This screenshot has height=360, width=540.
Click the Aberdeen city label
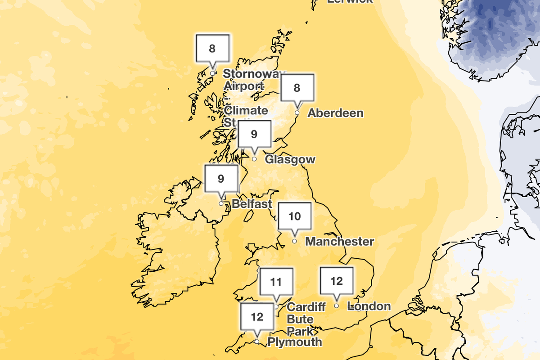click(x=335, y=113)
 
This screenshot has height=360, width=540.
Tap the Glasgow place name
click(x=290, y=159)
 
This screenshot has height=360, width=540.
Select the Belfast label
click(x=252, y=204)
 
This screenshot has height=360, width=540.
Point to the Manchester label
click(x=340, y=242)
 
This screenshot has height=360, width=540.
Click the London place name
click(x=370, y=306)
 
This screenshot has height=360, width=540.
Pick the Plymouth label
click(x=295, y=342)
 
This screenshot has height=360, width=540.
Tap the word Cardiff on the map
click(x=306, y=307)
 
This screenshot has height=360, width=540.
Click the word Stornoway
click(x=254, y=74)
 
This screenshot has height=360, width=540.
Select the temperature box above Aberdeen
click(x=297, y=88)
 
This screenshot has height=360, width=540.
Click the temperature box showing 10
click(x=295, y=216)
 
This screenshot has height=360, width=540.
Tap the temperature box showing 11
click(x=276, y=282)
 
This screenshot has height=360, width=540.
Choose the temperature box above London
click(x=337, y=281)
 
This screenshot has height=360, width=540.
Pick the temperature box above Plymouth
click(x=257, y=317)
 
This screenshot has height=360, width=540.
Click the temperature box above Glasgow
click(x=254, y=134)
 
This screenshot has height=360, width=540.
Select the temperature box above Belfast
click(x=221, y=179)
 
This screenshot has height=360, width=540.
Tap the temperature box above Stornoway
click(x=212, y=48)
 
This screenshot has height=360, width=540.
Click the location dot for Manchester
click(x=295, y=241)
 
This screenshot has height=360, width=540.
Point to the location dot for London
click(x=337, y=306)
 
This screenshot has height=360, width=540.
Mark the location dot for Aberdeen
click(x=297, y=112)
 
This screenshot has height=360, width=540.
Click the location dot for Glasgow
click(x=254, y=159)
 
